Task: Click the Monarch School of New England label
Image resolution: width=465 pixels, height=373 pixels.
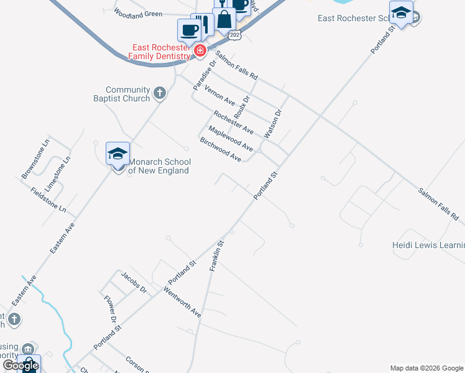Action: (159, 166)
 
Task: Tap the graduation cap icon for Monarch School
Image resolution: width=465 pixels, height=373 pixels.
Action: (117, 154)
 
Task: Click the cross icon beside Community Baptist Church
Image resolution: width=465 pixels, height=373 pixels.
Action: (160, 94)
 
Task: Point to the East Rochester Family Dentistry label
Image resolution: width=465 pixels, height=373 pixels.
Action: (159, 52)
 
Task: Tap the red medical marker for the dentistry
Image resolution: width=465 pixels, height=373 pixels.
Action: (200, 51)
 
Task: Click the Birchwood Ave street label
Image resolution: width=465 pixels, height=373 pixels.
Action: (220, 150)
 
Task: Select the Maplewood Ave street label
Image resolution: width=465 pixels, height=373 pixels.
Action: (230, 139)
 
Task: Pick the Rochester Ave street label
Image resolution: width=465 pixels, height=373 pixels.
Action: (233, 122)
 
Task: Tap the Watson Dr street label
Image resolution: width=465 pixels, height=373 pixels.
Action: (273, 124)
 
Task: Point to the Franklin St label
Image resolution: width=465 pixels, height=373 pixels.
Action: (216, 256)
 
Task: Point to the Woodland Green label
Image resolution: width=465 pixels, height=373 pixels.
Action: (138, 14)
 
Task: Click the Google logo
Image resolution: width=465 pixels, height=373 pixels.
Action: (21, 366)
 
